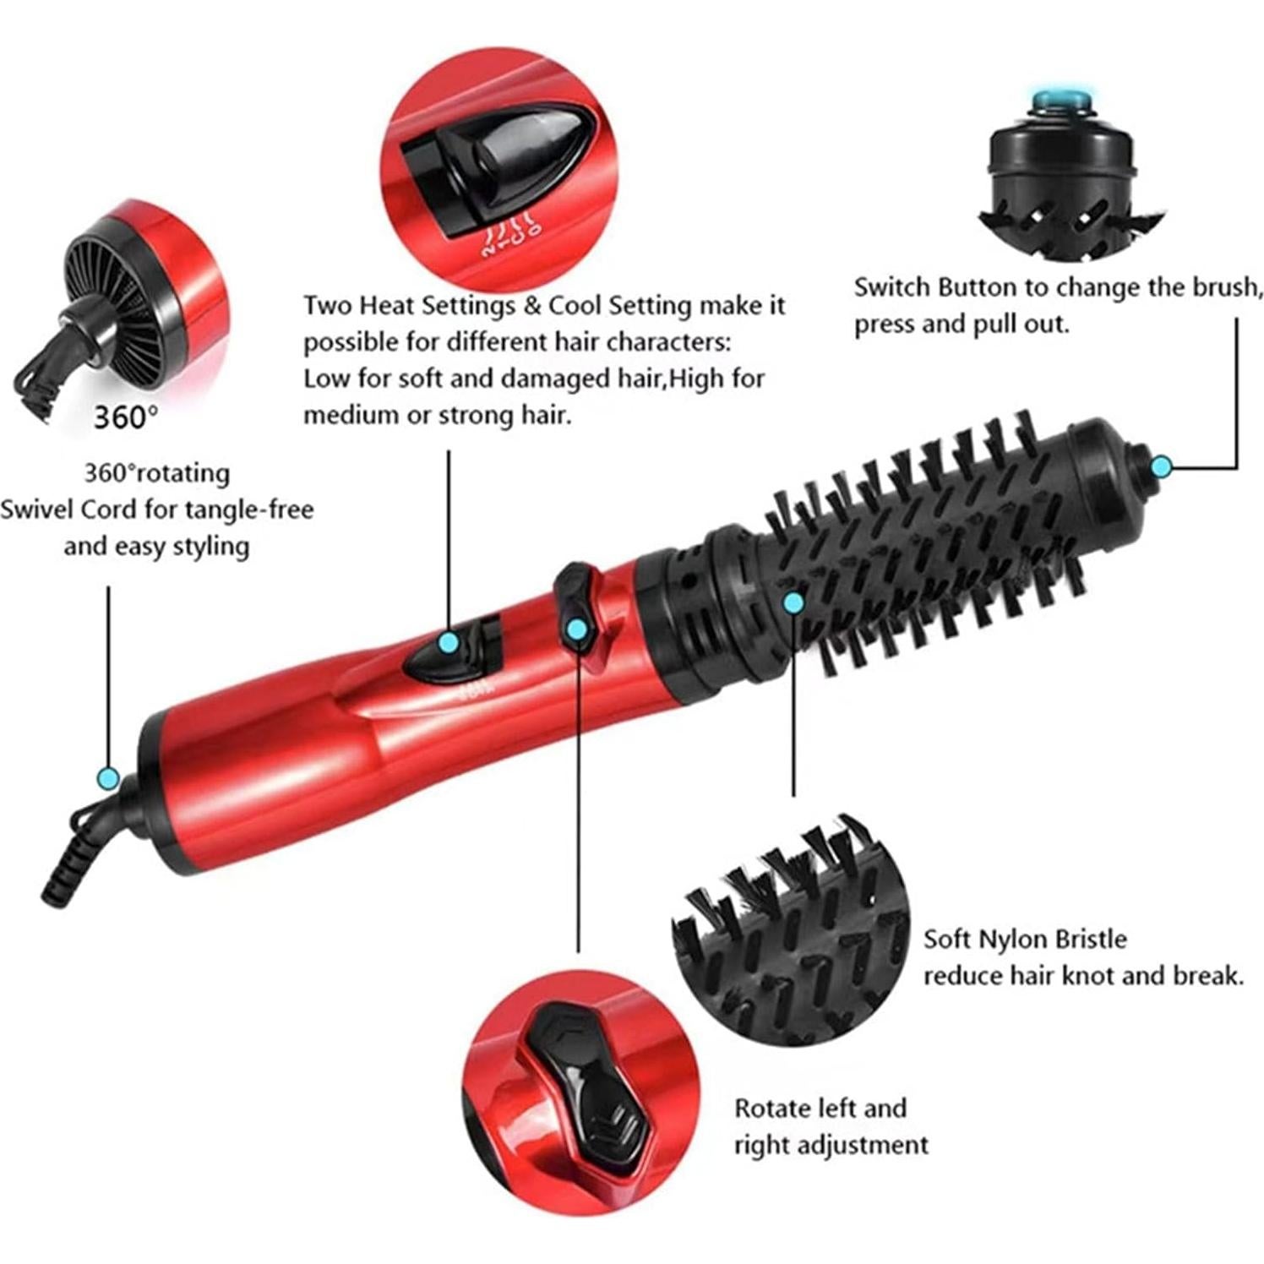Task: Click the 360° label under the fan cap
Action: click(x=124, y=417)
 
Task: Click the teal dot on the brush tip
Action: click(x=1162, y=466)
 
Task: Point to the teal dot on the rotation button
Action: click(x=577, y=629)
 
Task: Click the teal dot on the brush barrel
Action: click(x=793, y=602)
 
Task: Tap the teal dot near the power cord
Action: click(x=107, y=778)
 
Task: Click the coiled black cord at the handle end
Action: click(x=68, y=870)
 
